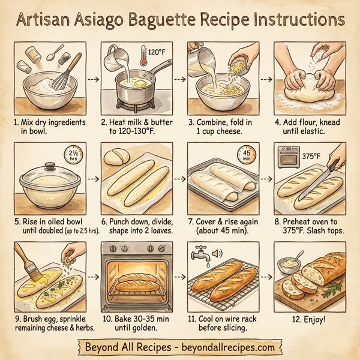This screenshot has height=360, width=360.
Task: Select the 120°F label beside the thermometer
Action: pyautogui.click(x=157, y=52)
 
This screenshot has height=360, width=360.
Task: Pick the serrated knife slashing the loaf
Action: pyautogui.click(x=322, y=173)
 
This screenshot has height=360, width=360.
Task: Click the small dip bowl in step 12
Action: pyautogui.click(x=289, y=263)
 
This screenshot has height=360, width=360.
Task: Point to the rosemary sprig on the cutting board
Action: pyautogui.click(x=332, y=293)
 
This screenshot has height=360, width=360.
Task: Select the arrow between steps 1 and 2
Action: pyautogui.click(x=91, y=79)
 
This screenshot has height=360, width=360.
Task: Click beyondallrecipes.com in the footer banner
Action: pyautogui.click(x=225, y=347)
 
